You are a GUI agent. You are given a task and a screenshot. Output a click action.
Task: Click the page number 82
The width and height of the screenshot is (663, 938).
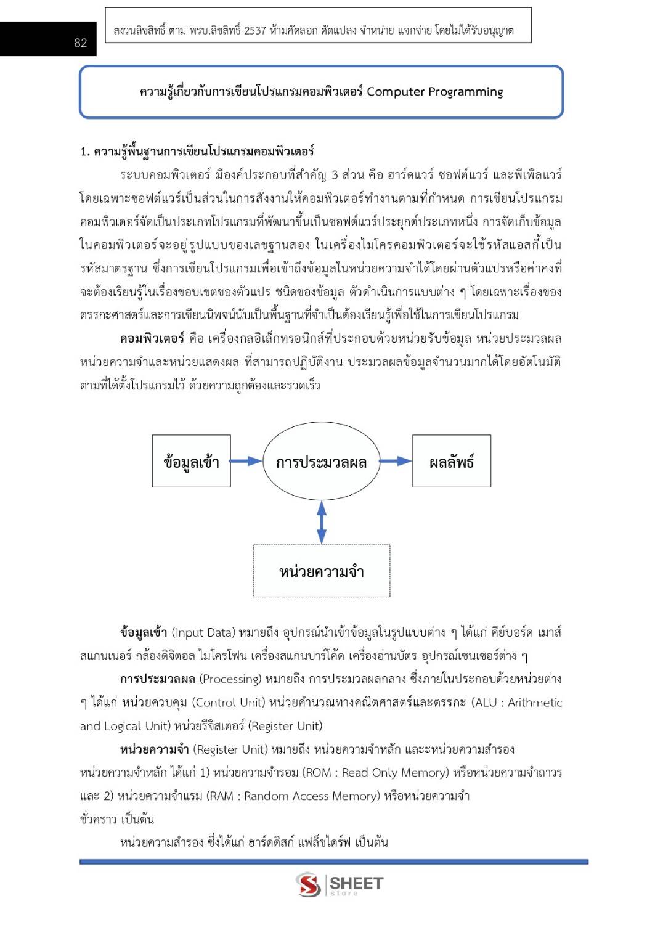coord(81,43)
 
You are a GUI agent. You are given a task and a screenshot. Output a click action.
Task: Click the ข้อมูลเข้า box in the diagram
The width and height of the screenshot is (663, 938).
coord(191,462)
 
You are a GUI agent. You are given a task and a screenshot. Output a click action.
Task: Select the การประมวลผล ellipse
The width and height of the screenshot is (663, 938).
coord(321,462)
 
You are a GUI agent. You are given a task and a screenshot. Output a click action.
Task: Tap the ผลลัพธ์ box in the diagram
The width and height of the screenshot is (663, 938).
coord(451,462)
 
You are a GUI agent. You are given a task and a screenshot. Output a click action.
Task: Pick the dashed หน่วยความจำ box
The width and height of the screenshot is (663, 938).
coord(321,571)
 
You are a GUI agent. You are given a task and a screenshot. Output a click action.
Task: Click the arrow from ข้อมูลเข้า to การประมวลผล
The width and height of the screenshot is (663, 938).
coord(246,461)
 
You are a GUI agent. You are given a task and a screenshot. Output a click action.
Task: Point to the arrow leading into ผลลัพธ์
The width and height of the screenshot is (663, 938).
coord(396,461)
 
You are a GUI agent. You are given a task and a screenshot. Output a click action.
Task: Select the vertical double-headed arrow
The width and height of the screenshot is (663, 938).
coord(321,522)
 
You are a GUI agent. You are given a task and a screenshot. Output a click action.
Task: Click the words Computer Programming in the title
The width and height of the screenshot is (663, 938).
coord(434,92)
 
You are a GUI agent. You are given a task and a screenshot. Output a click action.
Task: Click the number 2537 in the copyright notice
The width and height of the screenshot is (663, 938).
coord(254,30)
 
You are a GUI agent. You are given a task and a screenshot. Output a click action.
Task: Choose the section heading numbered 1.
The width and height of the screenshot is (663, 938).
coord(197,151)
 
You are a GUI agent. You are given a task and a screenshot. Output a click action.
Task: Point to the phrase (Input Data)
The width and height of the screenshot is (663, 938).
coord(203,632)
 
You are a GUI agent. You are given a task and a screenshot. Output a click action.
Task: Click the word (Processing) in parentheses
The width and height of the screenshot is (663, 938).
coord(230,679)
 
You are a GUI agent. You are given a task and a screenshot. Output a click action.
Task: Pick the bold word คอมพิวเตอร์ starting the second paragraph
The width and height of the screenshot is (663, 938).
coord(152,338)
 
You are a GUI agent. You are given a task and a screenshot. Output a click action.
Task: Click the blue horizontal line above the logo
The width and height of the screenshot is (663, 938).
coord(333,862)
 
